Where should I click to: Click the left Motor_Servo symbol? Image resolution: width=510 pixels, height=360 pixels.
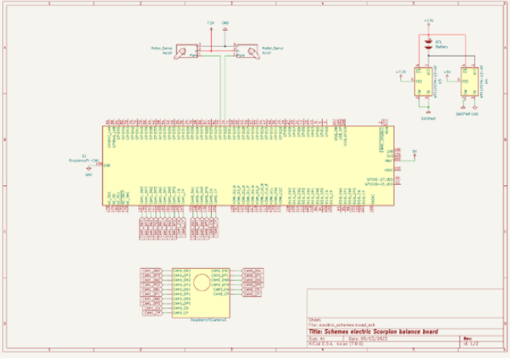(x=186, y=52)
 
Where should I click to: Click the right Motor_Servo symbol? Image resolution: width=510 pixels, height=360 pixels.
(x=244, y=52)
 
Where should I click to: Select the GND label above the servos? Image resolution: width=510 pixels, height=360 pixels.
(x=224, y=25)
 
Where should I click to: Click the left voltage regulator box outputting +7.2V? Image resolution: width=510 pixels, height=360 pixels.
(x=421, y=80)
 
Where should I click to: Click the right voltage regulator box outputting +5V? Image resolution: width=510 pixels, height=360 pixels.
(x=466, y=80)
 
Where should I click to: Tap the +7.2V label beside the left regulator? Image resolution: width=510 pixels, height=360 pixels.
(x=400, y=71)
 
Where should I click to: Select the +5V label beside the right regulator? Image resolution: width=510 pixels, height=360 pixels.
(x=448, y=71)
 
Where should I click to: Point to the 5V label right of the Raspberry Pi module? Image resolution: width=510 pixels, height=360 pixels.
(x=414, y=150)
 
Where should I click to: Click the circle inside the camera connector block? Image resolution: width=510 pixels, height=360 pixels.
(x=200, y=282)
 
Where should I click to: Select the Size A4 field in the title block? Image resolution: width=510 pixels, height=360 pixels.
(x=317, y=338)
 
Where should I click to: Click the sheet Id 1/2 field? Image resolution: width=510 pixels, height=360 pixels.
(x=469, y=344)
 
